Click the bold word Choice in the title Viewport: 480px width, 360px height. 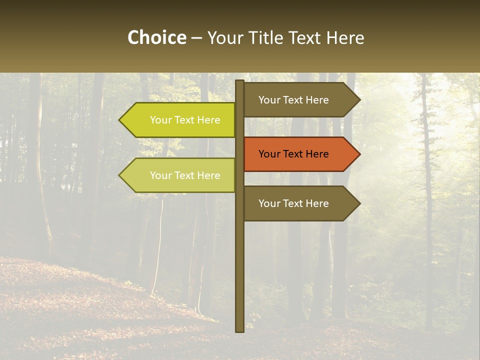(x=156, y=38)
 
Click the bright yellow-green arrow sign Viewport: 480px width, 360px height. (x=180, y=120)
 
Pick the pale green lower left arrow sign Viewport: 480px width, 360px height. (x=180, y=175)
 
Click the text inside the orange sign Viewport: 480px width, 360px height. (x=293, y=154)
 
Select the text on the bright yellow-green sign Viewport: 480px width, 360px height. (x=185, y=120)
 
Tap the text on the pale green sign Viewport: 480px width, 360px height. (x=185, y=175)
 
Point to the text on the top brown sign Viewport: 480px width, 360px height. (x=293, y=100)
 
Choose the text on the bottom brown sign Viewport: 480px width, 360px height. (x=293, y=203)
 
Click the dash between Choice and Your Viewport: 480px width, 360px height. (x=196, y=38)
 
